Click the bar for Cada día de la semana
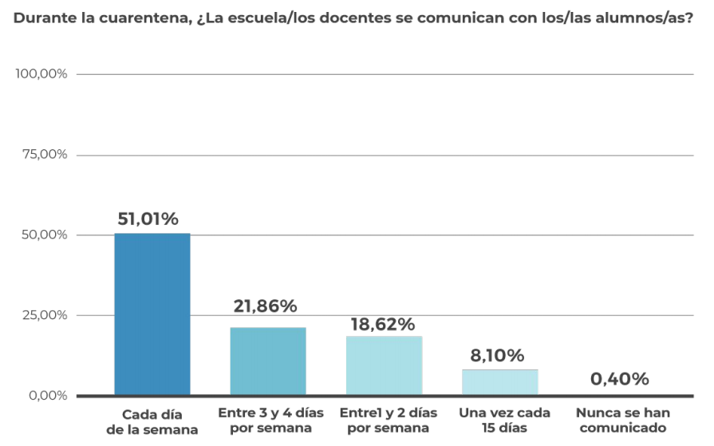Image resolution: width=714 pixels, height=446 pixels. [x=152, y=314]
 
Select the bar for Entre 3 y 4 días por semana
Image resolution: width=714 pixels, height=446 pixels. [x=268, y=361]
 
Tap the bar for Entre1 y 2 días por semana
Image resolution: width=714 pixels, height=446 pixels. [x=384, y=365]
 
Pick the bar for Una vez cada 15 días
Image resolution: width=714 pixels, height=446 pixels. [x=500, y=381]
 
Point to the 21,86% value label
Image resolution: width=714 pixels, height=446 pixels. [x=266, y=306]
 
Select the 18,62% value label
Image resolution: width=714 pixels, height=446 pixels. [x=383, y=324]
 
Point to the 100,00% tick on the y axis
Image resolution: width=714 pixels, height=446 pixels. [x=41, y=74]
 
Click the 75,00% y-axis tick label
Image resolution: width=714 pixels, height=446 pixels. [x=44, y=155]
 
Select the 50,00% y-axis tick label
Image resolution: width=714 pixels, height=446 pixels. [x=44, y=235]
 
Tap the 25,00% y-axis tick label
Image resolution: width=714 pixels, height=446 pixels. [x=44, y=315]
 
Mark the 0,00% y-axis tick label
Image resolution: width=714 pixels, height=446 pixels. [x=47, y=396]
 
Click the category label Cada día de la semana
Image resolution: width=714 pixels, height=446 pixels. [x=152, y=422]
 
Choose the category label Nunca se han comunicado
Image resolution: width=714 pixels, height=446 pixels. [x=623, y=420]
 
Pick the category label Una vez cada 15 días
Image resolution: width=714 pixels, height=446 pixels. [x=505, y=420]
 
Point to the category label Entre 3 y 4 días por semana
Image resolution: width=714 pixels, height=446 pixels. [x=270, y=420]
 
